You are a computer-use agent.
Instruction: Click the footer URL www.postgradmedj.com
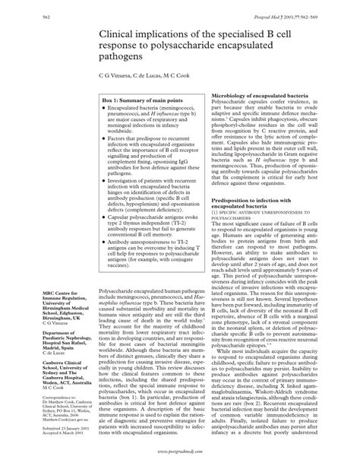click(180, 458)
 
